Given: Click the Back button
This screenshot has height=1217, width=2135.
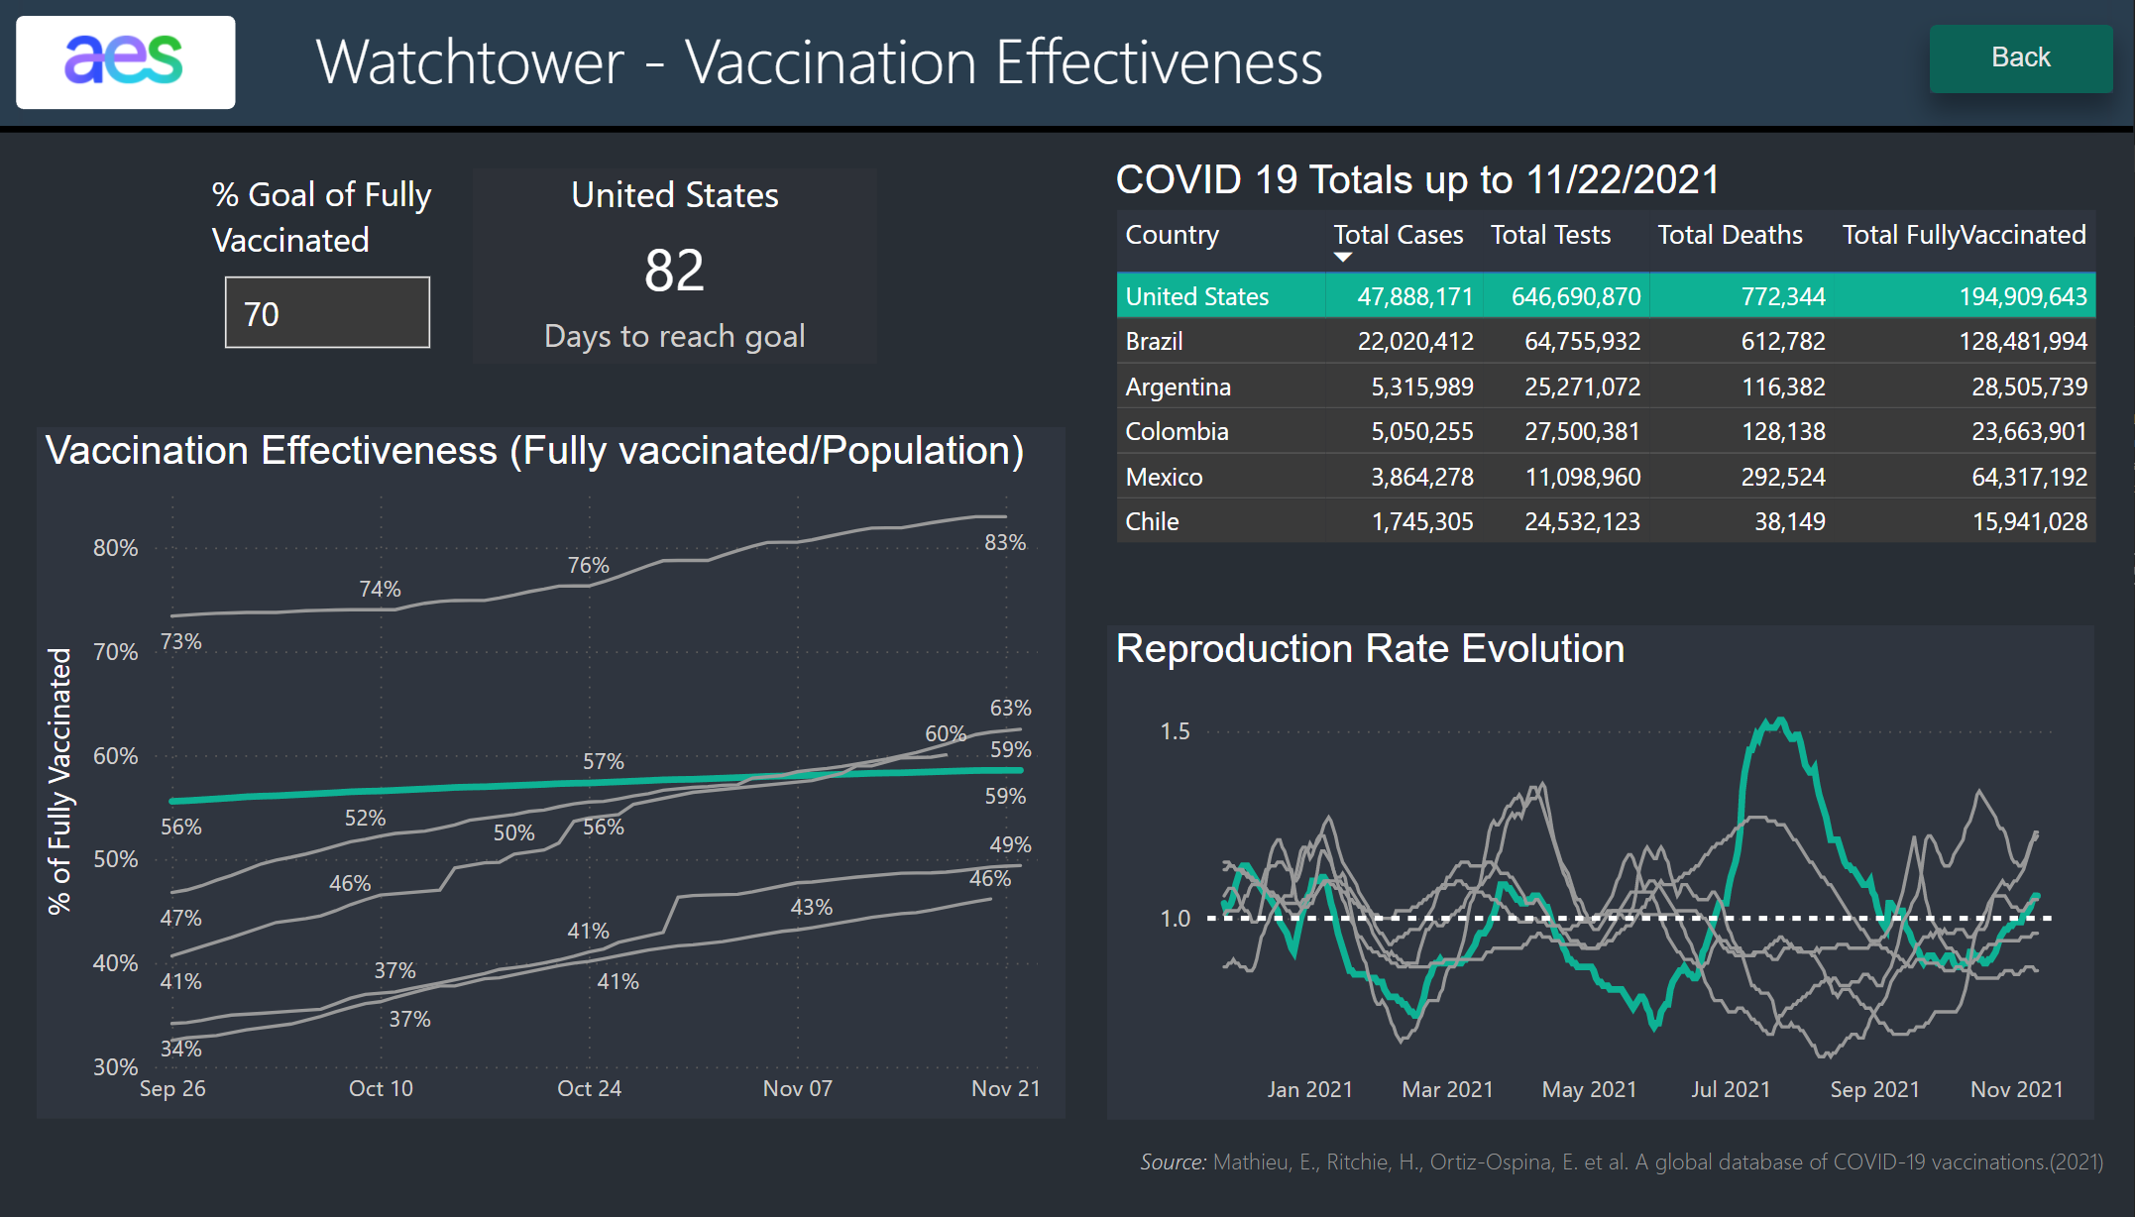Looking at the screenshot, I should click(2020, 58).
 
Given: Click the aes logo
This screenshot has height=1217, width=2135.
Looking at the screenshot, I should click(125, 61).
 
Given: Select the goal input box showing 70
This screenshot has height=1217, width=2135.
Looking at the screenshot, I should click(327, 313).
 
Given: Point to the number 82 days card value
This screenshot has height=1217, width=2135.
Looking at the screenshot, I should click(674, 271).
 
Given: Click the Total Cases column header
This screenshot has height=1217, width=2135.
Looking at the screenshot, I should click(1398, 235).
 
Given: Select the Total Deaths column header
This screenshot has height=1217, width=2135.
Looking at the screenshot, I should click(1730, 235).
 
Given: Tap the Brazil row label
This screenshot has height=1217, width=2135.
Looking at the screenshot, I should click(1155, 341).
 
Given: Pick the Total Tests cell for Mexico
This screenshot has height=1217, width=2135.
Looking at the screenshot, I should click(1582, 477).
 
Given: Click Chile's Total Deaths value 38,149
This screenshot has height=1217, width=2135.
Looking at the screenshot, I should click(1789, 521).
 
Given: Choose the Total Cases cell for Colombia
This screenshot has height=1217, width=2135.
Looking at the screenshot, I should click(1421, 431).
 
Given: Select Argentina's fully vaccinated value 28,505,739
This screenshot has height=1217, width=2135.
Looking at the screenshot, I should click(2029, 387).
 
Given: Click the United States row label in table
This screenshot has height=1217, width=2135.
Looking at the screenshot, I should click(1196, 296).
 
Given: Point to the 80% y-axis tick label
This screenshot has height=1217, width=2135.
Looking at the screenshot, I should click(116, 548).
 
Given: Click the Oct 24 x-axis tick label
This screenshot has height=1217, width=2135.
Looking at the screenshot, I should click(589, 1088).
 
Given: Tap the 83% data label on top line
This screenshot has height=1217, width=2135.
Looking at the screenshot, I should click(1005, 542).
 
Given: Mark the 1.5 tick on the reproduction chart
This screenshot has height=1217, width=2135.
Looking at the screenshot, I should click(1175, 731).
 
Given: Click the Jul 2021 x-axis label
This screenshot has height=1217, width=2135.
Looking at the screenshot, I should click(1730, 1089).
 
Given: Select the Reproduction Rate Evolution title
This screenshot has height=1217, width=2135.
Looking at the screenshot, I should click(1370, 649).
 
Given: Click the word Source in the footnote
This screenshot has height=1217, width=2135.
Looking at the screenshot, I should click(1173, 1162).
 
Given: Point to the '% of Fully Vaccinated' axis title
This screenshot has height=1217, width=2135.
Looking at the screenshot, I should click(60, 781).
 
